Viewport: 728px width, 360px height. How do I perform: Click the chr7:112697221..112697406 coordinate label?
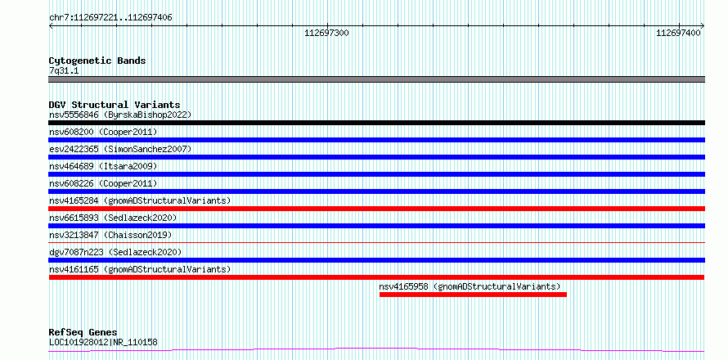(110, 18)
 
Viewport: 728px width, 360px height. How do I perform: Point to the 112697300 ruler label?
(326, 33)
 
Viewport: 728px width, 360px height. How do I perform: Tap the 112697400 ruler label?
(678, 33)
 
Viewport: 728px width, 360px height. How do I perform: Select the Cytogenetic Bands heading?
(97, 61)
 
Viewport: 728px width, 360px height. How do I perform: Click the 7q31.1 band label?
(64, 70)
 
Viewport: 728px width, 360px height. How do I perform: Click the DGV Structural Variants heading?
(115, 105)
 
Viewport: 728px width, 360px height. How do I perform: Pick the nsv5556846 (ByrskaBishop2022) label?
(119, 115)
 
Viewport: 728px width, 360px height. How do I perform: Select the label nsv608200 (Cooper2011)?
(103, 132)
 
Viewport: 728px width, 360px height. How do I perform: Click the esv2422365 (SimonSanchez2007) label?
(119, 149)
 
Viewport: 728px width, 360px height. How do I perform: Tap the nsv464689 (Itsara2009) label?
(103, 166)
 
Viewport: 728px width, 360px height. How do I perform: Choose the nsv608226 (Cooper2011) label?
(103, 183)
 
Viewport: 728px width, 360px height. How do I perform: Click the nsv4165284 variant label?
(140, 200)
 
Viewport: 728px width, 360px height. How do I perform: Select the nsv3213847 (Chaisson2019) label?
(110, 235)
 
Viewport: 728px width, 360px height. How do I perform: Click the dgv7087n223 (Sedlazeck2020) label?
(115, 252)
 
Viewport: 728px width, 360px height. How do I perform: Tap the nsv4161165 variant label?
(140, 269)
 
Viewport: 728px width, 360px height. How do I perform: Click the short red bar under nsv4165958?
(473, 295)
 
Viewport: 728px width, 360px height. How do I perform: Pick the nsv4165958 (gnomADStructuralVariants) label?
(470, 286)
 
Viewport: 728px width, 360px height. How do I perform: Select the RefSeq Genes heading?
(83, 332)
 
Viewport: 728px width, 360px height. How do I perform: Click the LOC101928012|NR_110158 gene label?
(103, 342)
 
